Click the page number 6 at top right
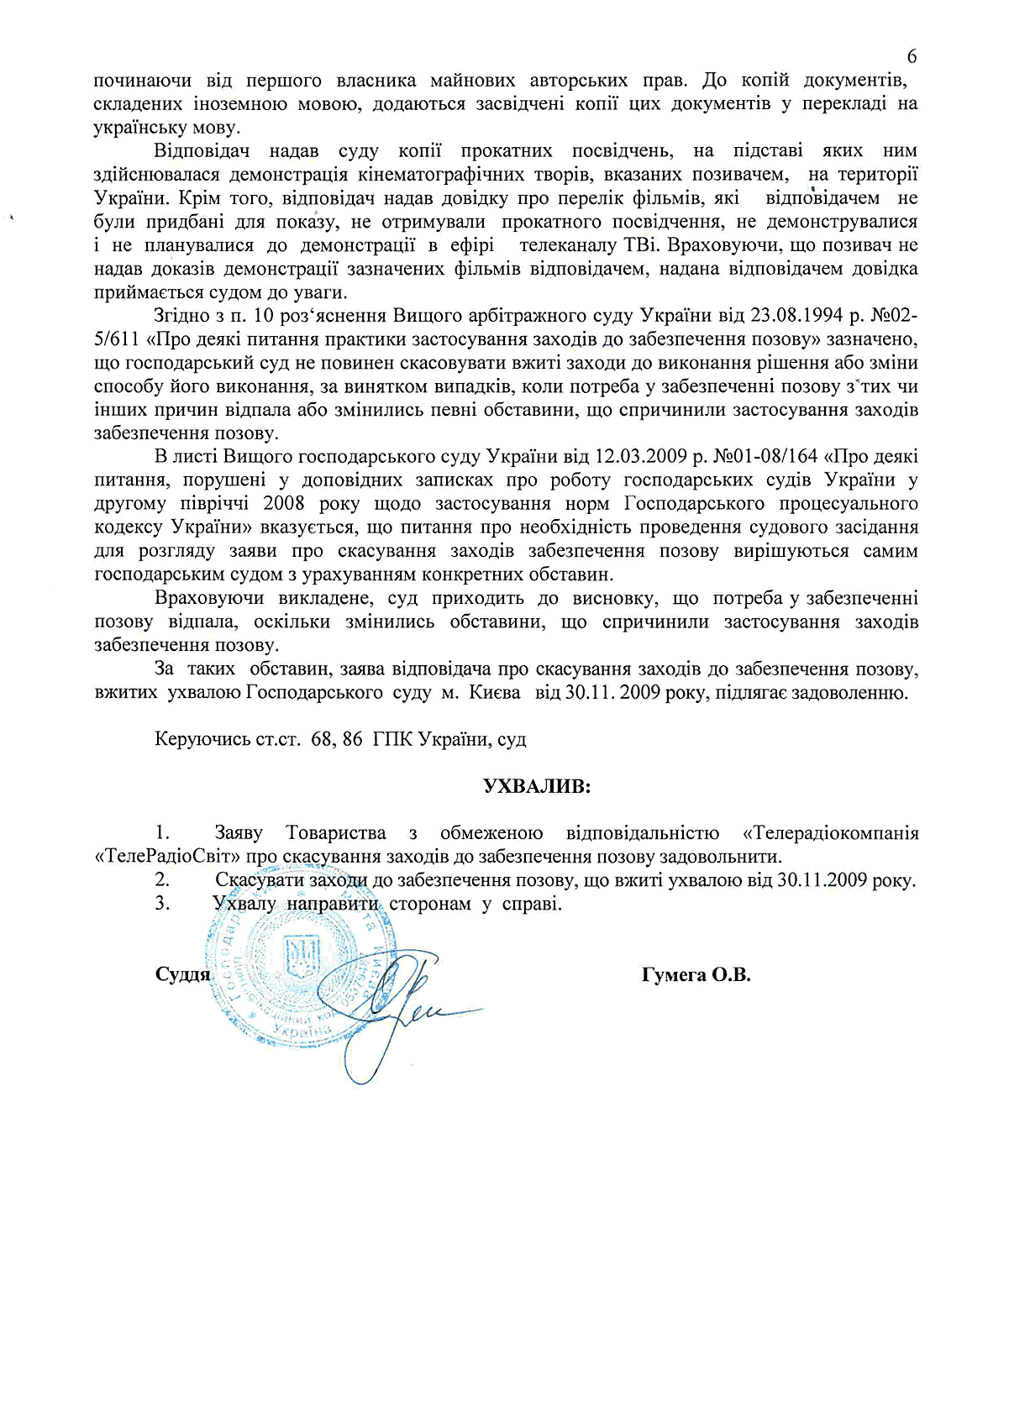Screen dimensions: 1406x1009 click(x=912, y=57)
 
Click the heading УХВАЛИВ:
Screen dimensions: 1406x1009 click(x=537, y=787)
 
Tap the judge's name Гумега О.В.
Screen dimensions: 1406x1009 click(x=696, y=975)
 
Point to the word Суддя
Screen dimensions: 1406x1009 click(x=182, y=975)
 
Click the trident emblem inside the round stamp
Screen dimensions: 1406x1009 click(x=302, y=957)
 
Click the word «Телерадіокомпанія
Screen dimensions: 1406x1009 click(x=831, y=834)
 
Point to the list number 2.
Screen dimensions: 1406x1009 click(x=162, y=881)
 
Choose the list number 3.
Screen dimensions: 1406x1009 click(x=162, y=905)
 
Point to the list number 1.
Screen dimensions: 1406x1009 click(x=162, y=834)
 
